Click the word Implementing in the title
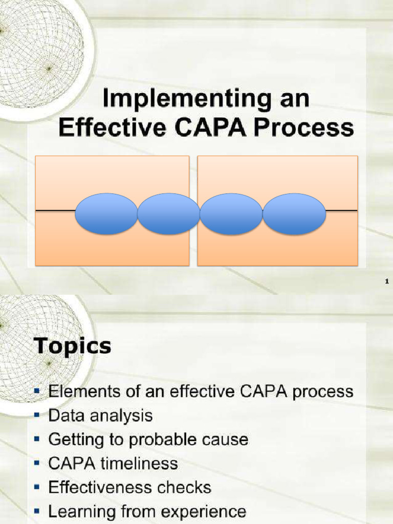[x=187, y=99]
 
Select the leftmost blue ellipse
[x=106, y=214]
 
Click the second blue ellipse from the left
[x=168, y=214]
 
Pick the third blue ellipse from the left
[x=231, y=214]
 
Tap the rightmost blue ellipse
[x=294, y=214]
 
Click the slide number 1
[x=387, y=281]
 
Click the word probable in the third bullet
[x=168, y=440]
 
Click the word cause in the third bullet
[x=227, y=440]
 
